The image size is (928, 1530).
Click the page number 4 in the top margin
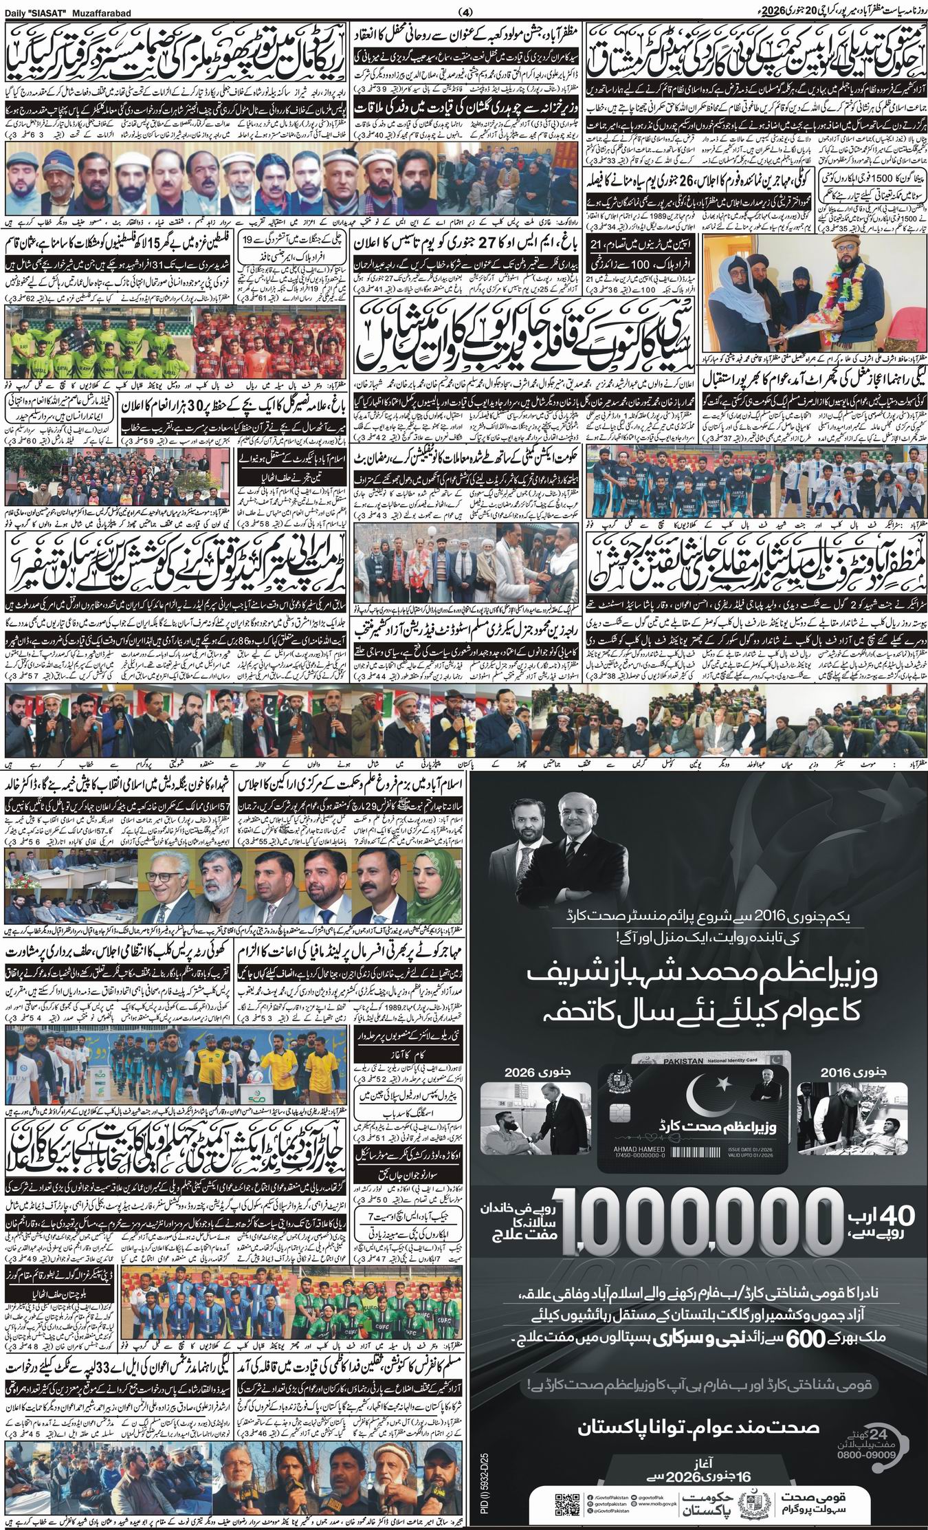[x=463, y=12]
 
